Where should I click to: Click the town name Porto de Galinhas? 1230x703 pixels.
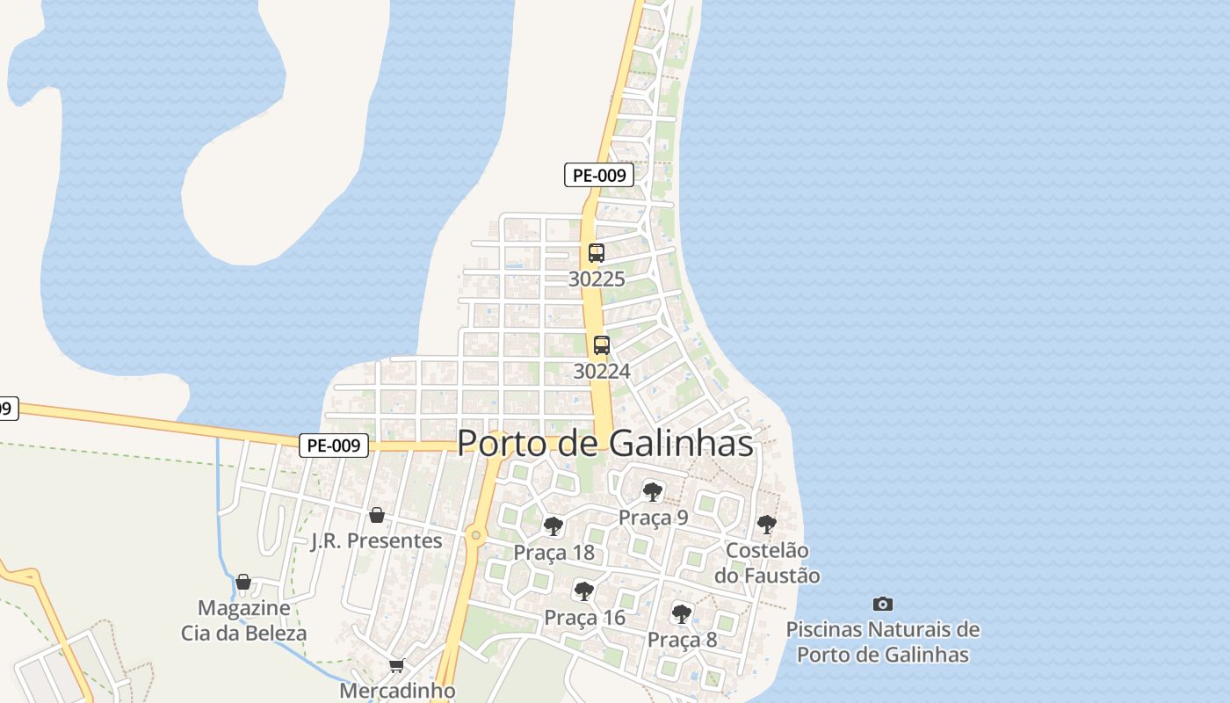point(605,443)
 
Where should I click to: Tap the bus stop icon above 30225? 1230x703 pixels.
point(597,253)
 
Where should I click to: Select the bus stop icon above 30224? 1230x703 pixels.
point(602,345)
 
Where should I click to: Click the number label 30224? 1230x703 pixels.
point(602,371)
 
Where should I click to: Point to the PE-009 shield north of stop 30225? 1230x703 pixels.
point(599,175)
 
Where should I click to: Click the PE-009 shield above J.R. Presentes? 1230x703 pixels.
point(334,446)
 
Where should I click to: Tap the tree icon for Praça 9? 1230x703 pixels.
point(652,491)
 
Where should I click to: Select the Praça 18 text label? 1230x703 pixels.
point(553,553)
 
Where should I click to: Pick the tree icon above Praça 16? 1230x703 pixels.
point(583,591)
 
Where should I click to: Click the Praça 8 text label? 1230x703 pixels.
point(682,640)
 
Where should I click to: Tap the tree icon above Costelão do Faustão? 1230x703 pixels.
point(767,525)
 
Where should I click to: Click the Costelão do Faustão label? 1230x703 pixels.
point(767,562)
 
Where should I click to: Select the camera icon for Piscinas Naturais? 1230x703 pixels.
point(883,604)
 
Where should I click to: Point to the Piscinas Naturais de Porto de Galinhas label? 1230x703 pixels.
point(883,641)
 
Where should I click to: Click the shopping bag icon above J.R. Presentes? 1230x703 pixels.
point(377,515)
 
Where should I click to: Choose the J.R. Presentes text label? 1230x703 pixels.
point(377,540)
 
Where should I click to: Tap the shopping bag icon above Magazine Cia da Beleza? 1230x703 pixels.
point(243,582)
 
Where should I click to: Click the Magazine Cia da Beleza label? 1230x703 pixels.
point(244,620)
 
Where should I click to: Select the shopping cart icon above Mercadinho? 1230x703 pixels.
point(397,666)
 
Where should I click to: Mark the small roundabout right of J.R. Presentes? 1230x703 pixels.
point(475,534)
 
